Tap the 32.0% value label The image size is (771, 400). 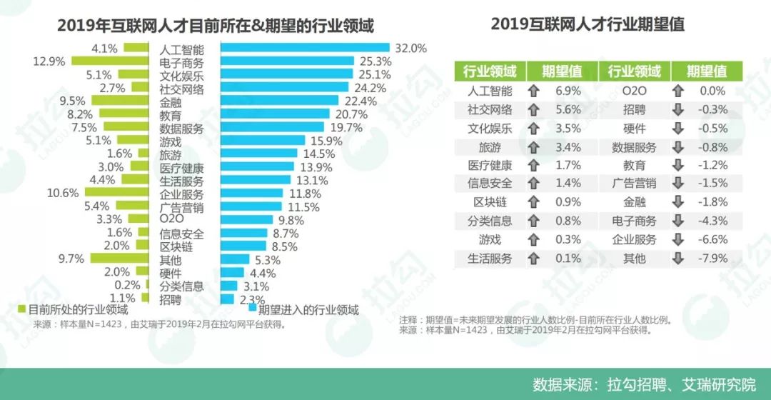[410, 49]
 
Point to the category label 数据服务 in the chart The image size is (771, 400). [181, 129]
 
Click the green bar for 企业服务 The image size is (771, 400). [119, 193]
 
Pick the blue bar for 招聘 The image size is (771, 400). [228, 299]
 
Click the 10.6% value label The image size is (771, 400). [63, 193]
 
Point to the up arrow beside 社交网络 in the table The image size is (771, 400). [533, 110]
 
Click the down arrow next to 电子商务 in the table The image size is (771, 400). [678, 221]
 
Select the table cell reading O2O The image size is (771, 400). [634, 91]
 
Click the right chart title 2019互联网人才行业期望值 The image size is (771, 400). [588, 24]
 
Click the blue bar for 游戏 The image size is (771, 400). [263, 141]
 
